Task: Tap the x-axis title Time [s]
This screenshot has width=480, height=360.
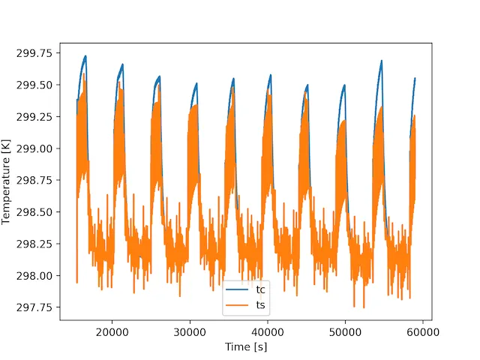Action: pyautogui.click(x=246, y=347)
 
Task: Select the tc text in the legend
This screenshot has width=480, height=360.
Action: pyautogui.click(x=261, y=291)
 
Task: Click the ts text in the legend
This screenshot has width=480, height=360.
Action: pyautogui.click(x=261, y=304)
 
